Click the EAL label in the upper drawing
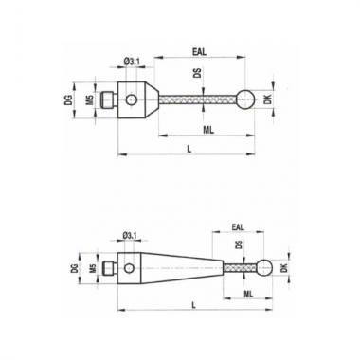tap(199, 52)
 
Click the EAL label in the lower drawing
tap(238, 227)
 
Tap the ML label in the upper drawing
tap(208, 130)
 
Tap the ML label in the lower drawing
tap(248, 294)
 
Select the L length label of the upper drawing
tap(189, 150)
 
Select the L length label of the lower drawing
tap(194, 305)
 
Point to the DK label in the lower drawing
tap(284, 268)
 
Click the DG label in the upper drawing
tap(70, 100)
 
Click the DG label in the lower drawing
tap(74, 268)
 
